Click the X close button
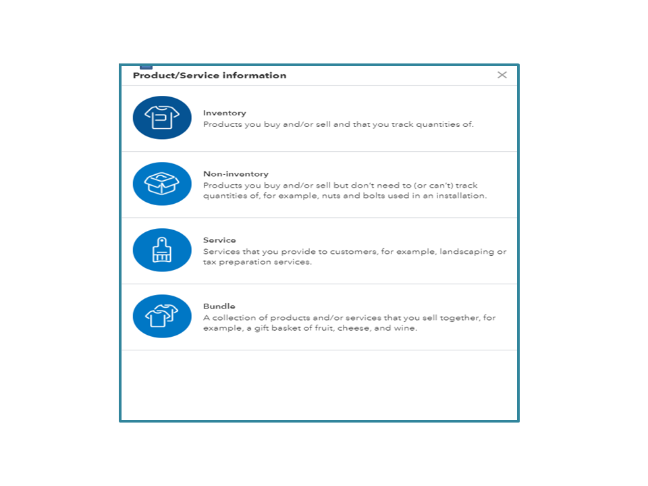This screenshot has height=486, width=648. (502, 75)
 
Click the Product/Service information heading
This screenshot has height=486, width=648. (209, 76)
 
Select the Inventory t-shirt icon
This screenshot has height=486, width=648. (162, 117)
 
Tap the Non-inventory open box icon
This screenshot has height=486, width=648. (162, 184)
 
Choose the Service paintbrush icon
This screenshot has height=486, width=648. (162, 250)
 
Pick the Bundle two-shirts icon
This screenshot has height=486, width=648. (162, 316)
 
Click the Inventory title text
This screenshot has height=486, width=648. (224, 113)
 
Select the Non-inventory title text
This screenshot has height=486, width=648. (236, 173)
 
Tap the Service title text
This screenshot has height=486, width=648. (219, 240)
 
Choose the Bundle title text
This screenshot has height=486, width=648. (219, 306)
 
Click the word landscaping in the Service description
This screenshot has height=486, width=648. (467, 252)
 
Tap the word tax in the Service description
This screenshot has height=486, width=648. (210, 263)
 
